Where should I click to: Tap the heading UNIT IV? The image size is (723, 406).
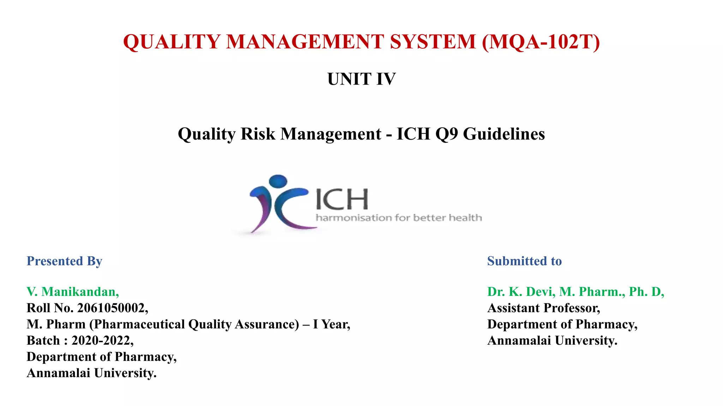(x=361, y=79)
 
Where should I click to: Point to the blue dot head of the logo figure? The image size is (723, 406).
(x=278, y=180)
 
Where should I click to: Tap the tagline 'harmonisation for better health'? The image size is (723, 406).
(x=399, y=218)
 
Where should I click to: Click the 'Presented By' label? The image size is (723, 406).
(x=64, y=261)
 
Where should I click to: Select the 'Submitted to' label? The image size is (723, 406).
(x=524, y=261)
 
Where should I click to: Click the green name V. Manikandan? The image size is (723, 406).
(x=73, y=292)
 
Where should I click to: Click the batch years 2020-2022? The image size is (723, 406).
(x=102, y=340)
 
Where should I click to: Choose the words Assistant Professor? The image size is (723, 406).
(x=543, y=308)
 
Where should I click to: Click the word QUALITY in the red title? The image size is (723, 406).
(x=172, y=42)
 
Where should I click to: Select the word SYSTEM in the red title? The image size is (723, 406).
(x=433, y=42)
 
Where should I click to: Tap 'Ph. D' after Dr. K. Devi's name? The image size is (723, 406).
(x=646, y=292)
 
